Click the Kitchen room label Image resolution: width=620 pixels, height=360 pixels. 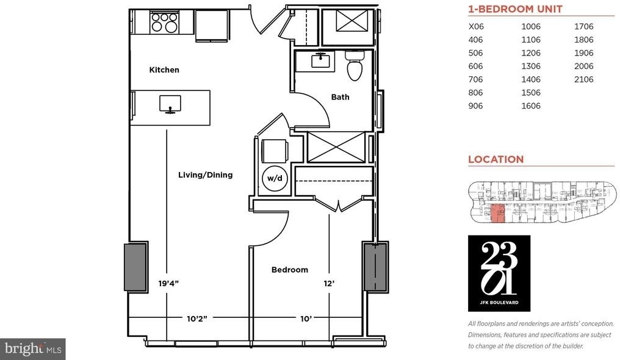pyautogui.click(x=164, y=70)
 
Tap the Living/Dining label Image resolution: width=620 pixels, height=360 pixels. pyautogui.click(x=205, y=175)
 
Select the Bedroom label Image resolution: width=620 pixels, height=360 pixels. pyautogui.click(x=289, y=270)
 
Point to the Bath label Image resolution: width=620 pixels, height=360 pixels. pyautogui.click(x=340, y=97)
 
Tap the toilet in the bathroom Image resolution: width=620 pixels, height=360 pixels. pyautogui.click(x=355, y=65)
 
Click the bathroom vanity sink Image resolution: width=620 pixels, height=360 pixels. pyautogui.click(x=320, y=61)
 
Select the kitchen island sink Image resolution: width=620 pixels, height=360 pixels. pyautogui.click(x=170, y=104)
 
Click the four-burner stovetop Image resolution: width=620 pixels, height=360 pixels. pyautogui.click(x=164, y=22)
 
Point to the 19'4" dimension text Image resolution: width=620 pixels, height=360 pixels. pyautogui.click(x=168, y=283)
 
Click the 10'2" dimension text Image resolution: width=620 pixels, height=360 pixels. pyautogui.click(x=197, y=319)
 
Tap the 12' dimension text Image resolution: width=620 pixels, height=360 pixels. pyautogui.click(x=329, y=283)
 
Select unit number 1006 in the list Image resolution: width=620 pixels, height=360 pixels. pyautogui.click(x=531, y=26)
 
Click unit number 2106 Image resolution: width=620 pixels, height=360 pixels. pyautogui.click(x=583, y=79)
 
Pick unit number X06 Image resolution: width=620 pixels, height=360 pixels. pyautogui.click(x=476, y=26)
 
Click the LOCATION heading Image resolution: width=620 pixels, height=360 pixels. pyautogui.click(x=496, y=159)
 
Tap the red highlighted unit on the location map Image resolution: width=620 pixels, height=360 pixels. pyautogui.click(x=497, y=214)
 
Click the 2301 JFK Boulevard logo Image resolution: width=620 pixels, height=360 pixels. pyautogui.click(x=499, y=273)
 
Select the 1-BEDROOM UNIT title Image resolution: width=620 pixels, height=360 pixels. pyautogui.click(x=515, y=9)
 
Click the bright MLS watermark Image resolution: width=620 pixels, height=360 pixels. pyautogui.click(x=33, y=349)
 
